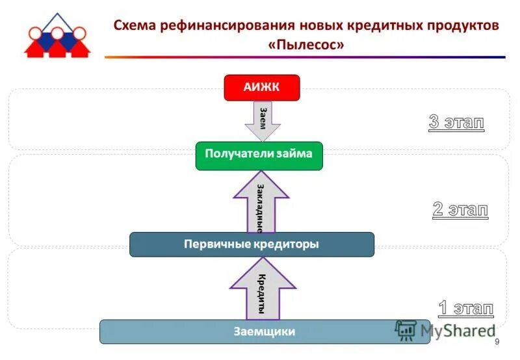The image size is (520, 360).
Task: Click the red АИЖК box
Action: (261, 88)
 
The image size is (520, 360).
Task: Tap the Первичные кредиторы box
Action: (252, 244)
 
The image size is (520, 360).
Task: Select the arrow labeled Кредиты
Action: (262, 289)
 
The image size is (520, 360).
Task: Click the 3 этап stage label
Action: (456, 122)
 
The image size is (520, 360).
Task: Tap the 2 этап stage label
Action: (460, 209)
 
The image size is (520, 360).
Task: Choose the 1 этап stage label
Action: (465, 307)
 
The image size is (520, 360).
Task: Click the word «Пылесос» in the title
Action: (305, 45)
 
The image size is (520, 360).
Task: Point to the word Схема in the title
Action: (133, 25)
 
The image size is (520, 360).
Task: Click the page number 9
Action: (497, 342)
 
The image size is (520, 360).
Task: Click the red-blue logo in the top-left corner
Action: (57, 35)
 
